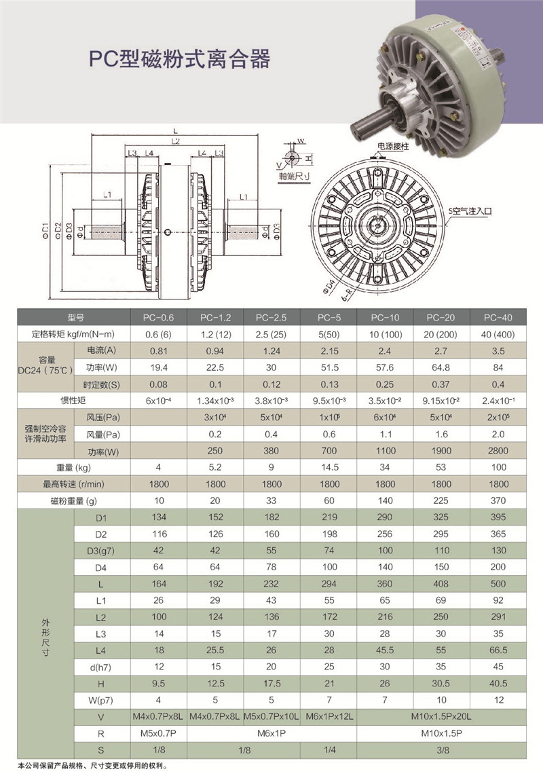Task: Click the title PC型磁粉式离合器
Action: pyautogui.click(x=180, y=58)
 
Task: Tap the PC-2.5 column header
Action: pyautogui.click(x=271, y=318)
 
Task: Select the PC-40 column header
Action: pyautogui.click(x=498, y=318)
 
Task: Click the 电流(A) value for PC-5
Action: pyautogui.click(x=329, y=351)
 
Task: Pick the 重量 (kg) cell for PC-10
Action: pyautogui.click(x=384, y=467)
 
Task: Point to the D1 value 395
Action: pyautogui.click(x=498, y=517)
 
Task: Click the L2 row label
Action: pyautogui.click(x=101, y=617)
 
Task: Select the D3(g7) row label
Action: pyautogui.click(x=101, y=551)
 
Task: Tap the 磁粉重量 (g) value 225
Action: pyautogui.click(x=441, y=500)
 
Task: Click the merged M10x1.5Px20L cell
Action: pyautogui.click(x=441, y=716)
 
